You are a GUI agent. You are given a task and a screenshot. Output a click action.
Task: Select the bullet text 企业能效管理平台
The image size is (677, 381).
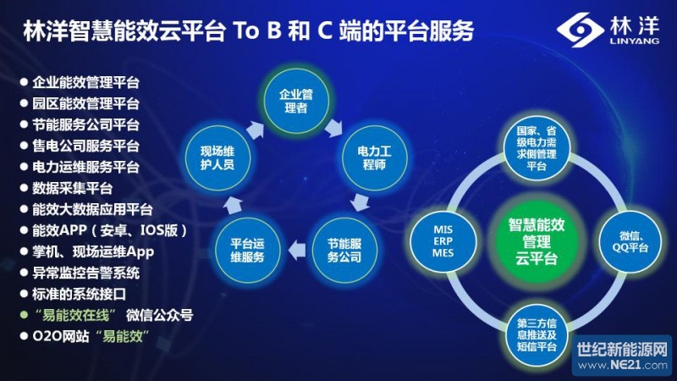(x=85, y=83)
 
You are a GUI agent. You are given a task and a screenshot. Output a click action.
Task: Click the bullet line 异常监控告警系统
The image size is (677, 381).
(x=85, y=273)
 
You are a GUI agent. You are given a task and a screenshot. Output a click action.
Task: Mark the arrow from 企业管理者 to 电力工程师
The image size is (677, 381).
(x=335, y=124)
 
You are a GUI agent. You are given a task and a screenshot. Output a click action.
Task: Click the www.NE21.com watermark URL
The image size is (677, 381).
(x=621, y=365)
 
